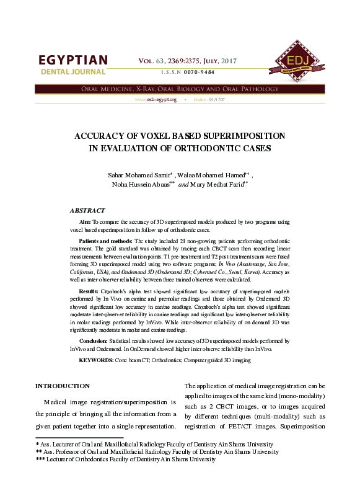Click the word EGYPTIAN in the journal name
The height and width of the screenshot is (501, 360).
click(x=73, y=61)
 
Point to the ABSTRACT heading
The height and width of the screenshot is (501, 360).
click(x=87, y=211)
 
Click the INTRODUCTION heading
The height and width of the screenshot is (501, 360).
click(x=62, y=386)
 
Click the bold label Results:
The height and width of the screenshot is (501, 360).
click(x=89, y=291)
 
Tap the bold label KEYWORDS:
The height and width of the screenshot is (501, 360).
click(x=95, y=360)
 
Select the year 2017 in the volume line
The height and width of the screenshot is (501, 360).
click(x=228, y=60)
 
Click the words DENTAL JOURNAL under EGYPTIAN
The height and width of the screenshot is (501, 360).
click(x=73, y=73)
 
